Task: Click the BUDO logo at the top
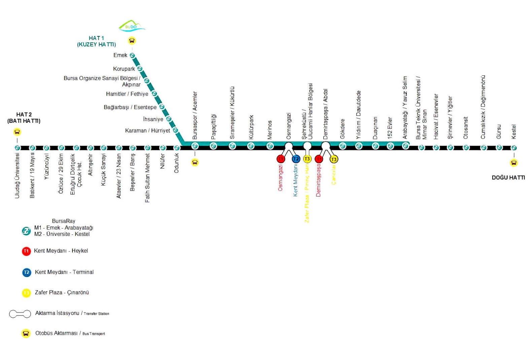point(132,26)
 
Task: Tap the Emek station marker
point(132,56)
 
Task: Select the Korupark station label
point(124,69)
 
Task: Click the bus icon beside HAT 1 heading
point(132,41)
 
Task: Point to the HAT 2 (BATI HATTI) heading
point(24,118)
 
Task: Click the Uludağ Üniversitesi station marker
point(18,148)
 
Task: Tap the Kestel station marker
point(514,148)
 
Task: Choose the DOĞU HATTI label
point(508,178)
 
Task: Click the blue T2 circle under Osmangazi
point(296,159)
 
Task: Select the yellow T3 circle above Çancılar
point(333,159)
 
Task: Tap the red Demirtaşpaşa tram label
point(319,180)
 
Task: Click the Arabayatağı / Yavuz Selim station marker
point(405,146)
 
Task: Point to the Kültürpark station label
point(251,127)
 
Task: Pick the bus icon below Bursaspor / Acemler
point(195,163)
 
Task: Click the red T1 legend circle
point(26,251)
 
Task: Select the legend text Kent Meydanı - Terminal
point(64,272)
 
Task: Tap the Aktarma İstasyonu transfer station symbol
point(20,314)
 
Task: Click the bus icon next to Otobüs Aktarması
point(26,333)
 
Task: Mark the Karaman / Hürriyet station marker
point(175,130)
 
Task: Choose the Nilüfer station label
point(163,161)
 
